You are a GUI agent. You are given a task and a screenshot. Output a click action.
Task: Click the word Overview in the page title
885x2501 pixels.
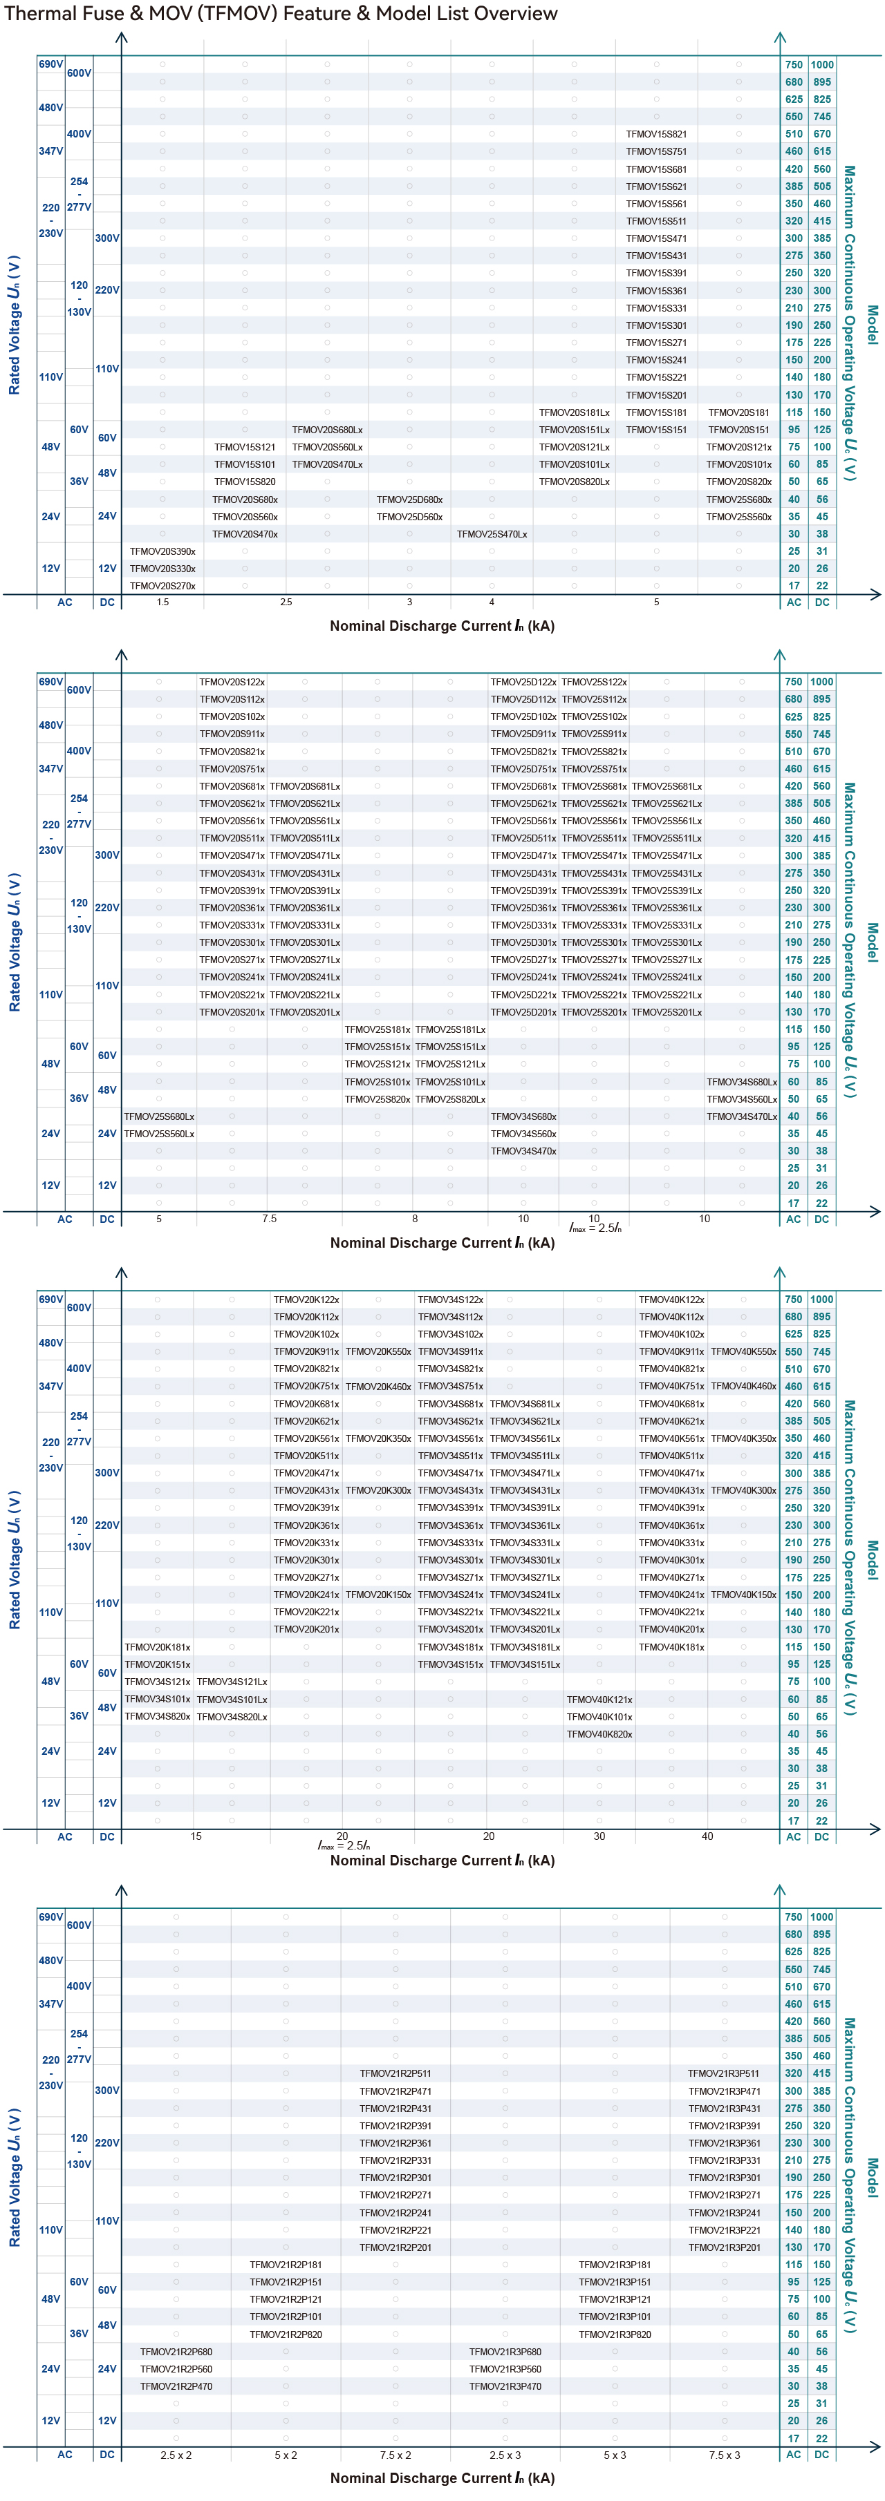click(503, 14)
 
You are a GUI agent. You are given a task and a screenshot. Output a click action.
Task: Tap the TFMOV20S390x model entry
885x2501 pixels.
click(162, 551)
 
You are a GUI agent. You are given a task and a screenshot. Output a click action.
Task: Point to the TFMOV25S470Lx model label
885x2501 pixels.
click(492, 534)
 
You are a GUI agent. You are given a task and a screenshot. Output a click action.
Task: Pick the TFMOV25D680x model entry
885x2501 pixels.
click(409, 499)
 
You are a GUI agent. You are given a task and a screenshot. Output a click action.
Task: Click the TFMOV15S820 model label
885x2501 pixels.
click(245, 482)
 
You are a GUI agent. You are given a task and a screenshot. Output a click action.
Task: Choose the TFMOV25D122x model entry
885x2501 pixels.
click(523, 682)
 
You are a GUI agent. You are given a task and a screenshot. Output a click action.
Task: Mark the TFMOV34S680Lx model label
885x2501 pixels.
click(742, 1081)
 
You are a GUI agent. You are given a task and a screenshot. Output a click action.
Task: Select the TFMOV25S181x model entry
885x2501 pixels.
click(378, 1029)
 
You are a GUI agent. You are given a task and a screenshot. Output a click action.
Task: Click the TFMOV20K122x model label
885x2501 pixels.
click(306, 1299)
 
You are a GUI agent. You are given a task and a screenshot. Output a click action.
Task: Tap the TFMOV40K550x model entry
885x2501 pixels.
click(743, 1351)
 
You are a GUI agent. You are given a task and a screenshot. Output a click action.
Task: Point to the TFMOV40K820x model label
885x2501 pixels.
click(599, 1734)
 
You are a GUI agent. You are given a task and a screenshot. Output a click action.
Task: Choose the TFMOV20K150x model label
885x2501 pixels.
click(378, 1594)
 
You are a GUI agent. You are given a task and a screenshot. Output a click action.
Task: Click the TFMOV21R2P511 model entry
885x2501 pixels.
click(395, 2073)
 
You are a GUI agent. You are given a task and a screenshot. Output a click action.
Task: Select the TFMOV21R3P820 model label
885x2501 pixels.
click(615, 2334)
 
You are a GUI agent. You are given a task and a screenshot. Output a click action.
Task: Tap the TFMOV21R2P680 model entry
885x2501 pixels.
click(176, 2352)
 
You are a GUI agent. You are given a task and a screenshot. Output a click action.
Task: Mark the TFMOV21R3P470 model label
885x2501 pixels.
click(505, 2386)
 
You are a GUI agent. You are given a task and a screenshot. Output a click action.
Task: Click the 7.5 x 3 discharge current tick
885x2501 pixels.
click(725, 2455)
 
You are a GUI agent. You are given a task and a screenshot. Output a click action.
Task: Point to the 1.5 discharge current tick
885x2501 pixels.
click(162, 602)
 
